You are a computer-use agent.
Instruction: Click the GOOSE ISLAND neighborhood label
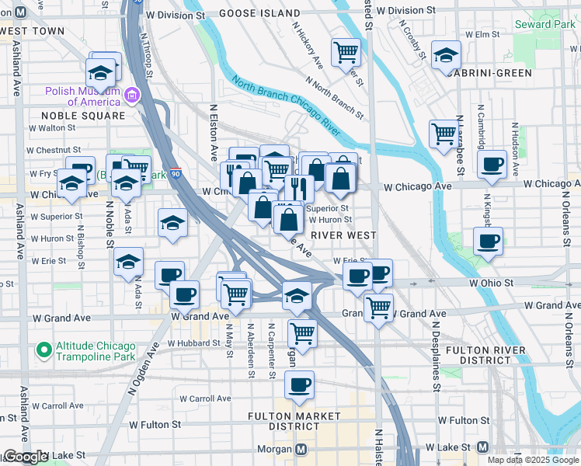(x=259, y=14)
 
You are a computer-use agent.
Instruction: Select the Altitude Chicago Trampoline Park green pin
(x=43, y=351)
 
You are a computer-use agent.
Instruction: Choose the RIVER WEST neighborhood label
(x=343, y=235)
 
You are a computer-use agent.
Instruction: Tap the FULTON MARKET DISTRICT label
(x=294, y=421)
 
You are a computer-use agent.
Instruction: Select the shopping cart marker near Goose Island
(x=345, y=53)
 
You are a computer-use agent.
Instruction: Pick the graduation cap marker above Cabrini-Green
(x=446, y=55)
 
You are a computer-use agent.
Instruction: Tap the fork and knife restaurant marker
(x=298, y=187)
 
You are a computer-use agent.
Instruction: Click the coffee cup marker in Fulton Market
(x=299, y=384)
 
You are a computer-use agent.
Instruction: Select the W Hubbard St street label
(x=195, y=343)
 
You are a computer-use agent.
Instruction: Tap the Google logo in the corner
(x=25, y=457)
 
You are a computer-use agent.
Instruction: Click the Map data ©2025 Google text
(x=532, y=460)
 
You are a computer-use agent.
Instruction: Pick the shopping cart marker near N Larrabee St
(x=443, y=133)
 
